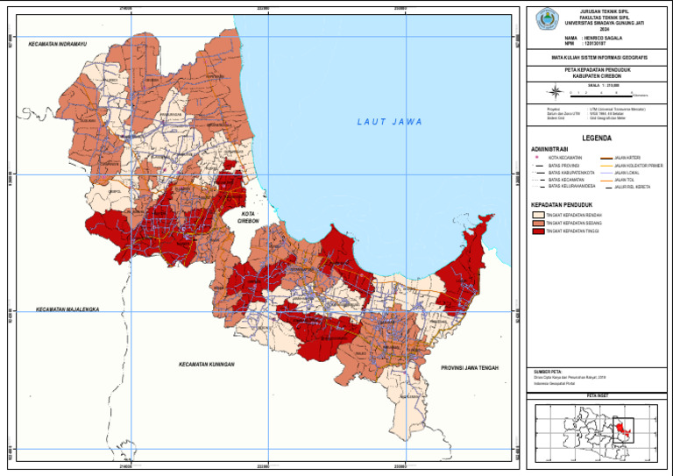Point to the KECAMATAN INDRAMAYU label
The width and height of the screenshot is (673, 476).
point(59,43)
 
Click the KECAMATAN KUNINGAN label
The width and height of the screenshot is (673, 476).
point(210,364)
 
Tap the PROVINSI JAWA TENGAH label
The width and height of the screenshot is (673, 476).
point(469,367)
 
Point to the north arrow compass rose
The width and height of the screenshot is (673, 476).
point(554,90)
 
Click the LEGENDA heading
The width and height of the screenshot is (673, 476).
point(596,139)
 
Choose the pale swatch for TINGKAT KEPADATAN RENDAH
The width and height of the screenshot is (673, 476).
point(538,214)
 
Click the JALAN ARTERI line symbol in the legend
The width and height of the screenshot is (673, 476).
point(605,157)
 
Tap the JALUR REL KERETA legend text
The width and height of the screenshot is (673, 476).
point(633,186)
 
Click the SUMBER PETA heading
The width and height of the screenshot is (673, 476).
point(548,371)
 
